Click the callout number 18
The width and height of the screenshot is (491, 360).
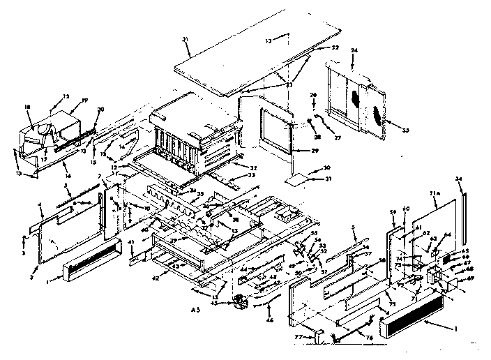click(x=28, y=107)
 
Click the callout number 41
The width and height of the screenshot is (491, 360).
click(x=130, y=241)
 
